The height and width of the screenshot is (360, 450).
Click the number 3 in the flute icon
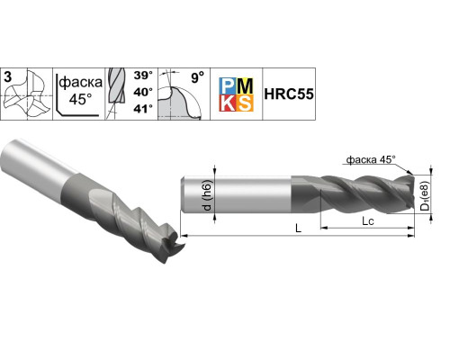[x=8, y=77]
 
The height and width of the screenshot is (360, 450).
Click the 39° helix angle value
[x=143, y=76]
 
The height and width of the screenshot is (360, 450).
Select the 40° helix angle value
[x=143, y=92]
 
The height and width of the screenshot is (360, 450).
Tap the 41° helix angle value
[x=143, y=109]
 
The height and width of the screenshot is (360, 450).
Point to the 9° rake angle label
[x=197, y=77]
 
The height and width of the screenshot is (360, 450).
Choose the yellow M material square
[x=245, y=86]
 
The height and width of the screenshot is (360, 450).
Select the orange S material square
[x=245, y=103]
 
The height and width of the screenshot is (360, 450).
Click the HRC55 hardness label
[x=289, y=94]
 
